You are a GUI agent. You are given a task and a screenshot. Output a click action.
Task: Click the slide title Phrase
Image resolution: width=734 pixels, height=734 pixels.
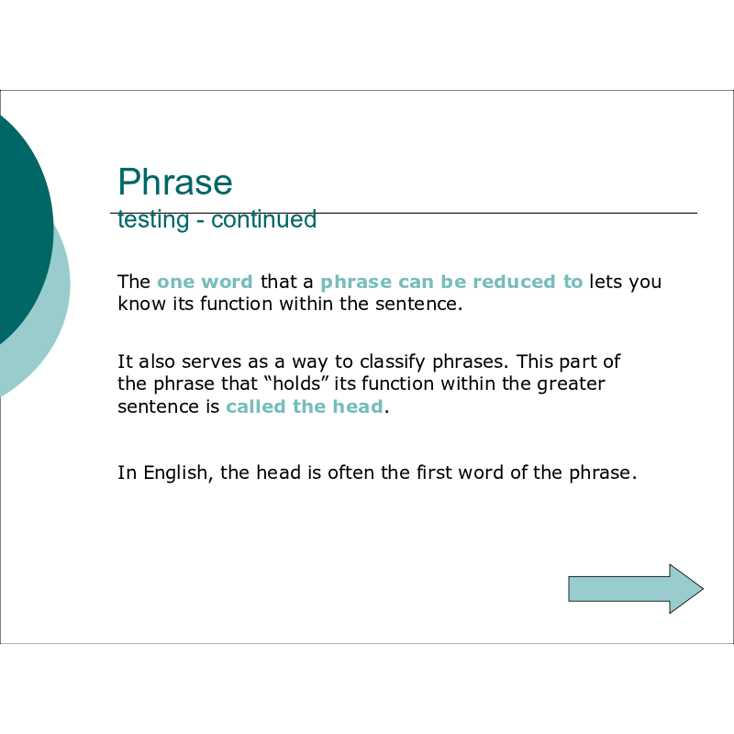175,182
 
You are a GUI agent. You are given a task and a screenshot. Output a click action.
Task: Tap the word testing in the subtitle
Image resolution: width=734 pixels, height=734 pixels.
153,219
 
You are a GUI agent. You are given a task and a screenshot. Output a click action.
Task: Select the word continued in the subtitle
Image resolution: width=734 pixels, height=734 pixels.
263,219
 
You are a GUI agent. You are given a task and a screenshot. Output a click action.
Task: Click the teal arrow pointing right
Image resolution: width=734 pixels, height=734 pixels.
636,588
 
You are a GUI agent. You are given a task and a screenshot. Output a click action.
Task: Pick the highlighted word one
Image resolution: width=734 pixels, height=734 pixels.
176,283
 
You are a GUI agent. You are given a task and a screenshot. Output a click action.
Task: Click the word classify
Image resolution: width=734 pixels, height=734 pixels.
393,362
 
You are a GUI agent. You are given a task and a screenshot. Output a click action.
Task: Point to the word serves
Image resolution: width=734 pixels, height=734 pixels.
211,362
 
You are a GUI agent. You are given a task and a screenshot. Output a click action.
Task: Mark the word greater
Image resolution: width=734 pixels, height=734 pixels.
571,384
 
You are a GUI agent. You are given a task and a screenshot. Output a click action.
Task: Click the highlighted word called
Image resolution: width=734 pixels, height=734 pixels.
256,406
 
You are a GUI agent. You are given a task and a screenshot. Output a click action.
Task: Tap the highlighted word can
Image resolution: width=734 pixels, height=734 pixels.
417,283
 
